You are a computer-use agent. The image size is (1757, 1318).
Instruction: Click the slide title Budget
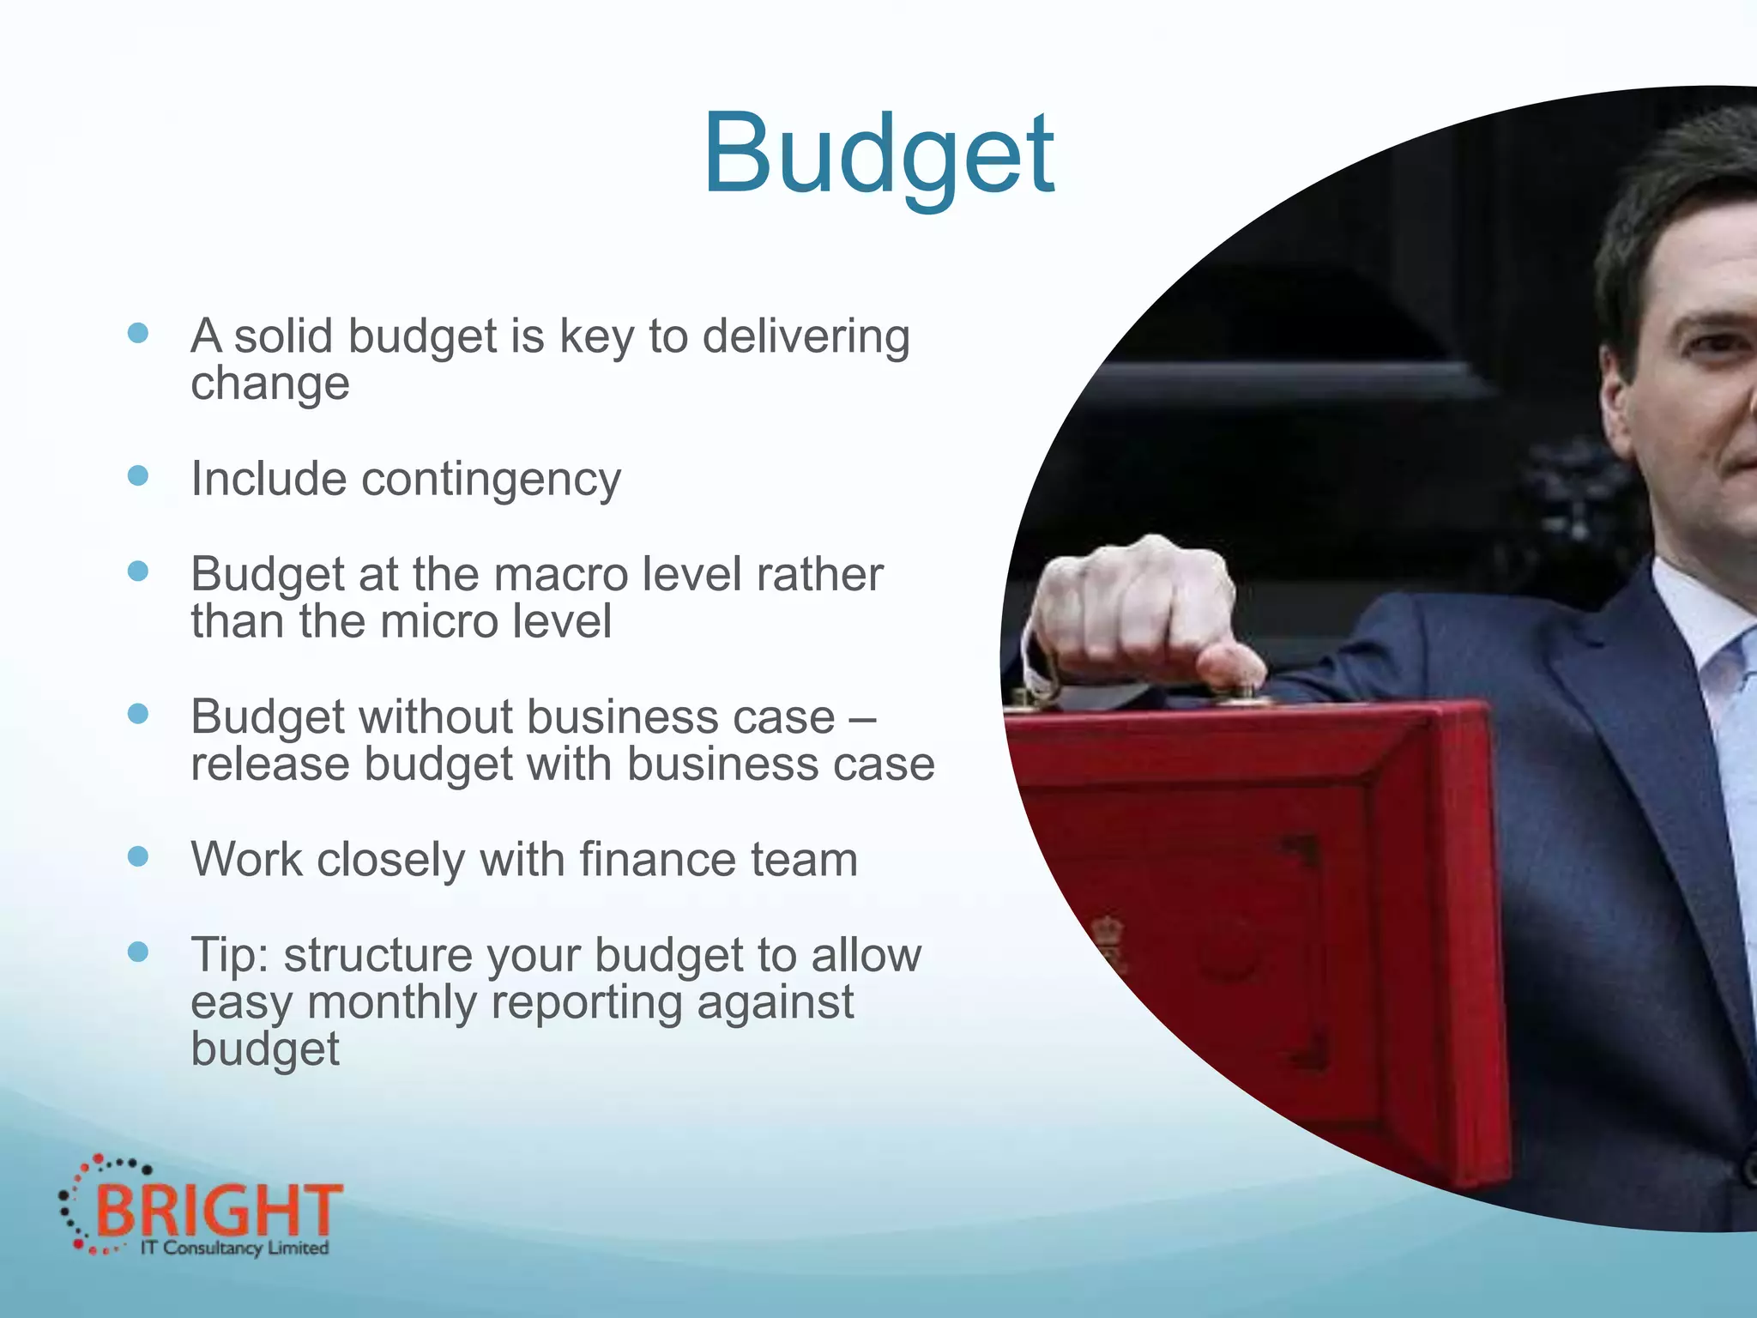[x=878, y=154]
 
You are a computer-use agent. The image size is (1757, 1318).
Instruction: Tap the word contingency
[x=491, y=479]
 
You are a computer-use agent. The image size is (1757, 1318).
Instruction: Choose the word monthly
[x=391, y=1002]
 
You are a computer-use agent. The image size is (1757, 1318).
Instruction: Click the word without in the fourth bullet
[x=437, y=716]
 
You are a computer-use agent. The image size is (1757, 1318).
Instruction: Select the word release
[x=269, y=764]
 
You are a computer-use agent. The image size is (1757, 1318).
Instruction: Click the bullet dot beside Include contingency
[x=138, y=475]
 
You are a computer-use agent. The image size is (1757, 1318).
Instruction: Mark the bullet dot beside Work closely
[x=138, y=856]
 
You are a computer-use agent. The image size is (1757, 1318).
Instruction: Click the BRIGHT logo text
[x=218, y=1210]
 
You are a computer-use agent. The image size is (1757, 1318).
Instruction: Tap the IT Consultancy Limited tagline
[x=233, y=1248]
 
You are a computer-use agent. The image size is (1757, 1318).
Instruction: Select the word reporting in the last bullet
[x=587, y=1002]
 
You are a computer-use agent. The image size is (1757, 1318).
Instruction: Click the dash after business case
[x=862, y=718]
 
